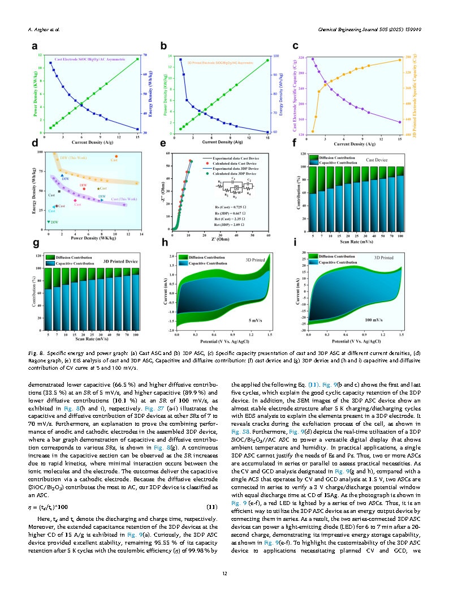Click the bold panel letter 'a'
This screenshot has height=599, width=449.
point(35,46)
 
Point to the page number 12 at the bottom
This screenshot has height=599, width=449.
point(225,574)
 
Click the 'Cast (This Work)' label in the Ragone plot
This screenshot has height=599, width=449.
point(123,199)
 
